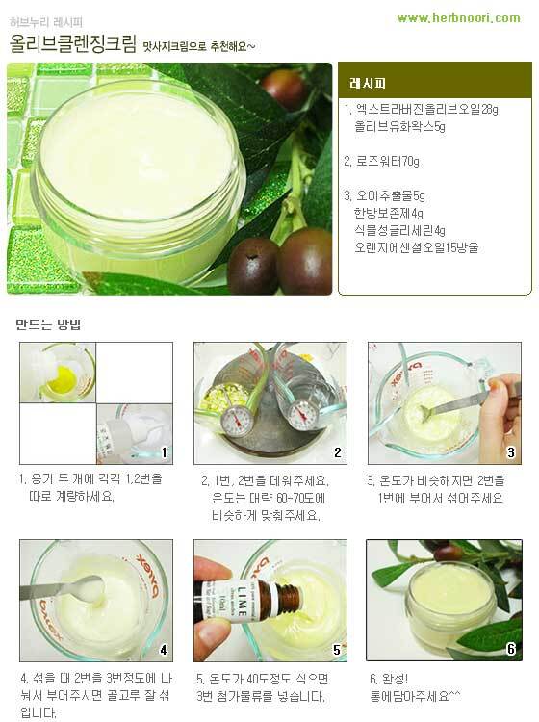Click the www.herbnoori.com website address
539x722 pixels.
(x=458, y=18)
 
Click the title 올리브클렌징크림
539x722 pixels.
(x=73, y=43)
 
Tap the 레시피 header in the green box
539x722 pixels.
(x=368, y=84)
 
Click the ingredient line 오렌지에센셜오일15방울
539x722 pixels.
(x=416, y=247)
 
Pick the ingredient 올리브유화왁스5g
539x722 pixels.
(x=399, y=127)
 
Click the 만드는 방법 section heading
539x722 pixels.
(x=48, y=324)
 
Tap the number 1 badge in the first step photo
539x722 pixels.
(x=164, y=452)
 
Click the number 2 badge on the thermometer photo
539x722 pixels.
(x=338, y=452)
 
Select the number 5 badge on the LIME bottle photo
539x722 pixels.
(x=337, y=650)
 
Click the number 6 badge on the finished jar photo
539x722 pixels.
(x=511, y=649)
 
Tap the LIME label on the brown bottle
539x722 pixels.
(x=244, y=602)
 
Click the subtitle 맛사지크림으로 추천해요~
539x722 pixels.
(x=199, y=46)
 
